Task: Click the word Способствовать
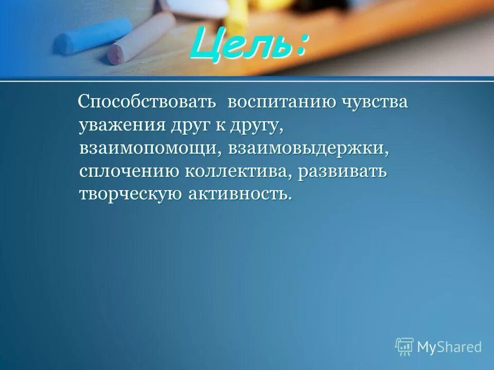(146, 102)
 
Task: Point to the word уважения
(121, 125)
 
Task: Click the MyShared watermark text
(449, 347)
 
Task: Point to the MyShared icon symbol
(404, 346)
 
